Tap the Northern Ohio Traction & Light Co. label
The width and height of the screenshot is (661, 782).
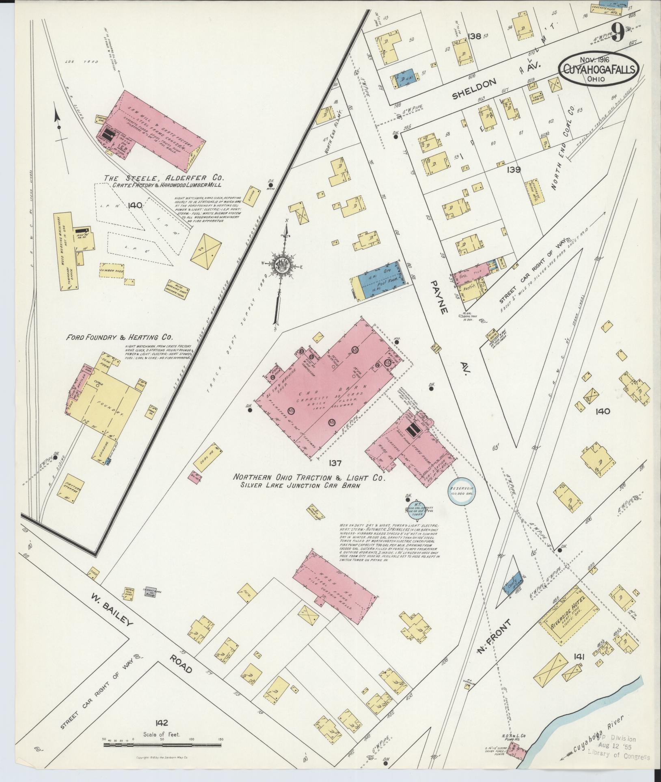[x=309, y=478]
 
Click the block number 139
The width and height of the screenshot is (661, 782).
[x=514, y=170]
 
